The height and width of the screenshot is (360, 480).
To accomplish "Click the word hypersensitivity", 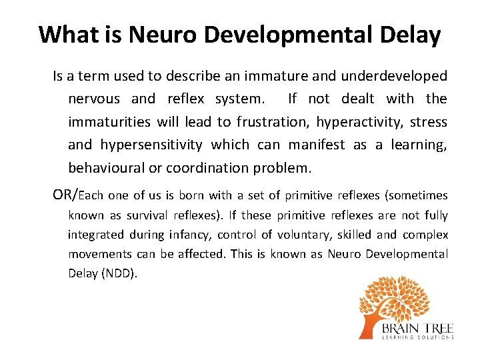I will coord(151,145).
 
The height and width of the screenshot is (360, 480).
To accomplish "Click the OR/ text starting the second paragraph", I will coord(65,195).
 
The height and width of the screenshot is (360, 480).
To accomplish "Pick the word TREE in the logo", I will coord(437,329).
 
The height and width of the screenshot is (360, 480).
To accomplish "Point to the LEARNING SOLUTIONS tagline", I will coord(417,338).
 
